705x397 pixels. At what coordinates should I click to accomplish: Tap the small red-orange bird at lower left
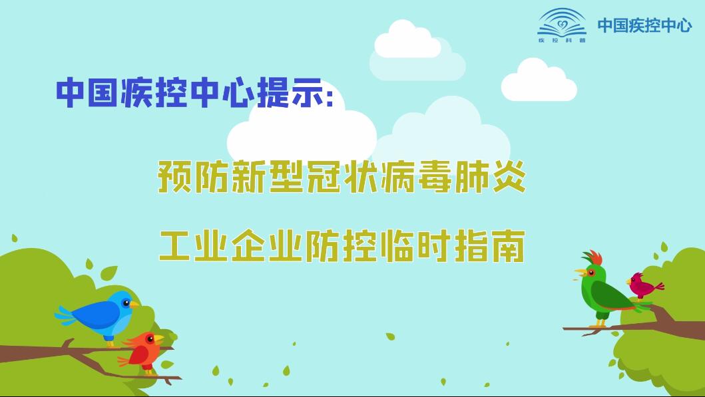142,350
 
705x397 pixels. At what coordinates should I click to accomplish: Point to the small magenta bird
643,286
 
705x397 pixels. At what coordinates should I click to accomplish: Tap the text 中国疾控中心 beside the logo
644,25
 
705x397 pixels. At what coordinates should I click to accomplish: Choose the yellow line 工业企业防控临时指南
342,245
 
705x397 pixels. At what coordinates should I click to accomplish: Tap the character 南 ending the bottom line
509,245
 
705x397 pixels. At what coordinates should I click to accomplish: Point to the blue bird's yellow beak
134,305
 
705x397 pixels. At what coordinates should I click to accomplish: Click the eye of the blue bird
126,303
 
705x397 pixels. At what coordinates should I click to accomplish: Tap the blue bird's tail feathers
67,315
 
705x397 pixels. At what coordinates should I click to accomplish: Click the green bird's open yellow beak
581,273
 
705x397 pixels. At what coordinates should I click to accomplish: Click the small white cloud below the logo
539,81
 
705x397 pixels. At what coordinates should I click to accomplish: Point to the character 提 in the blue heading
274,93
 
